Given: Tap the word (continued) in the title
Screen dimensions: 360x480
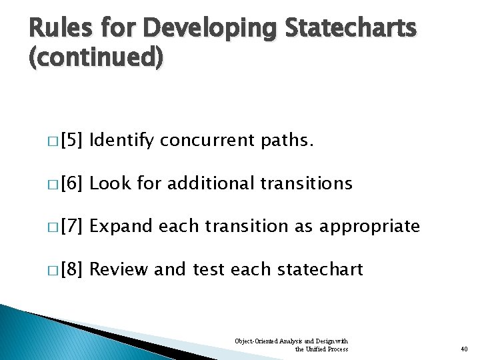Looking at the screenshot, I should (x=95, y=59).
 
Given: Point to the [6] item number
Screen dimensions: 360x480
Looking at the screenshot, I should (x=71, y=184).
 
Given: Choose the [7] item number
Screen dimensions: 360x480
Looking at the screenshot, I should (x=71, y=227).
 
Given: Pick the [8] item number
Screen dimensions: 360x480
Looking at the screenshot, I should (x=71, y=270).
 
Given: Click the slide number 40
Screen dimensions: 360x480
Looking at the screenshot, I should (x=464, y=349).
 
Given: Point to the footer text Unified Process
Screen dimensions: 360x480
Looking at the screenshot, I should (x=326, y=349).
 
